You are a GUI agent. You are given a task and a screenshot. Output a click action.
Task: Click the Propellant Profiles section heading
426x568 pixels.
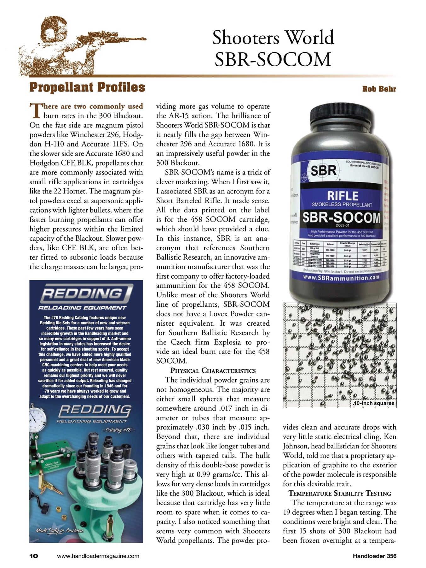(x=87, y=87)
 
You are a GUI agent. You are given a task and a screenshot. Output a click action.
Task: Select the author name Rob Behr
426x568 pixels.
(x=379, y=89)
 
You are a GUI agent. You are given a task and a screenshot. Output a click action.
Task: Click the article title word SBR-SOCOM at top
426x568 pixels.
(x=273, y=59)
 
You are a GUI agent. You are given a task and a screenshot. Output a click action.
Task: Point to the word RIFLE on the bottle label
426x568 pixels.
(x=343, y=196)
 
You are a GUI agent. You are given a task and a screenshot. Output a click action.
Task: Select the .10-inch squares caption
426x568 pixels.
(x=373, y=403)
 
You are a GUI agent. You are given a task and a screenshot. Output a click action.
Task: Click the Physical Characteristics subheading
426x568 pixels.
(x=213, y=370)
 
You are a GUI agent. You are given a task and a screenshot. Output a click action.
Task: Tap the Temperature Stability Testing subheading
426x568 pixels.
(x=340, y=493)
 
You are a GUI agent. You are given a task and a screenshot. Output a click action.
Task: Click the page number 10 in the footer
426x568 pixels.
(x=34, y=556)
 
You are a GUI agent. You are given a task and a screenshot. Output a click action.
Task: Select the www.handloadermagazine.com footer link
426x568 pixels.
(x=98, y=556)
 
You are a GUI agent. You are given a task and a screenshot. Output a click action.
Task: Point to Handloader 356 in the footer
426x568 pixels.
(x=374, y=556)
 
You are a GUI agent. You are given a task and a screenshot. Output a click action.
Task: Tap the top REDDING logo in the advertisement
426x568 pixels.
(x=86, y=293)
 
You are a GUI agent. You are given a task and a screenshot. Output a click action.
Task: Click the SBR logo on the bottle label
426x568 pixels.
(x=323, y=171)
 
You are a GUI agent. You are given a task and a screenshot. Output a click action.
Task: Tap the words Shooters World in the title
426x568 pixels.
(x=273, y=38)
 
